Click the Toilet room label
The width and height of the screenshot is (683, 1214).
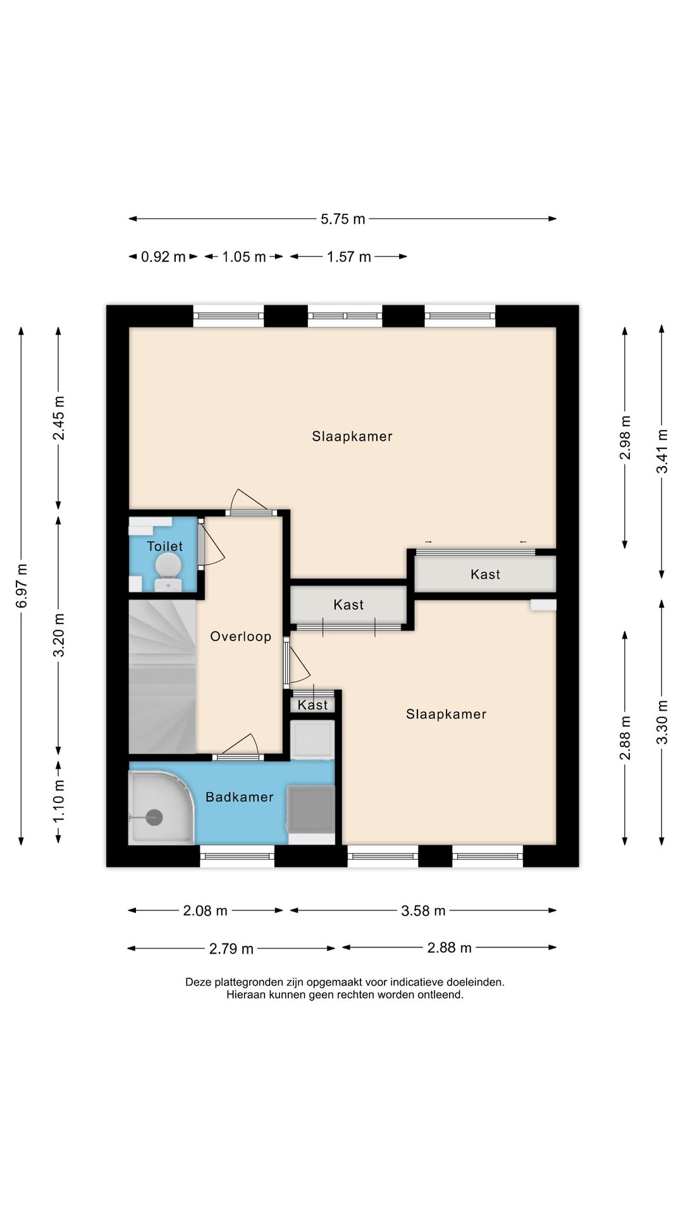(164, 546)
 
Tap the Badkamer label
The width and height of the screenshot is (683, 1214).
(240, 797)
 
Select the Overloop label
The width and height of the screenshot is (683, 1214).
(241, 637)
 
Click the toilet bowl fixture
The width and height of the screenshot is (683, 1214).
(168, 567)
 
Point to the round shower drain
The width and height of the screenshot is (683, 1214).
(154, 818)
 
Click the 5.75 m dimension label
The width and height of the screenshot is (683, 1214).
(343, 219)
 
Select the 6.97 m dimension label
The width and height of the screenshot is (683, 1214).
(22, 586)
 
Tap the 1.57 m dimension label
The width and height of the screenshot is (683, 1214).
(349, 257)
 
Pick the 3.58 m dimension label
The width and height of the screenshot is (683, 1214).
(423, 911)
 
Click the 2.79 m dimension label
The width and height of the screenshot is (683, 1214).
(231, 949)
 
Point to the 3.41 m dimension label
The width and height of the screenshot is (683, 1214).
(662, 451)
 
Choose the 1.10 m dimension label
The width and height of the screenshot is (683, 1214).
(59, 800)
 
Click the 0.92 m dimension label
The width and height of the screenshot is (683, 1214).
(163, 257)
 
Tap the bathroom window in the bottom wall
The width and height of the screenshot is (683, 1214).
(237, 856)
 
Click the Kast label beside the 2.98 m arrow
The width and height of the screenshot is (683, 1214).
(486, 575)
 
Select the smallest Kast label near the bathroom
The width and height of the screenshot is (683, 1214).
(313, 705)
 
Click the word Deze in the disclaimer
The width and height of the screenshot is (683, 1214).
(199, 983)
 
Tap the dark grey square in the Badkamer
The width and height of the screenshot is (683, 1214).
(311, 809)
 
